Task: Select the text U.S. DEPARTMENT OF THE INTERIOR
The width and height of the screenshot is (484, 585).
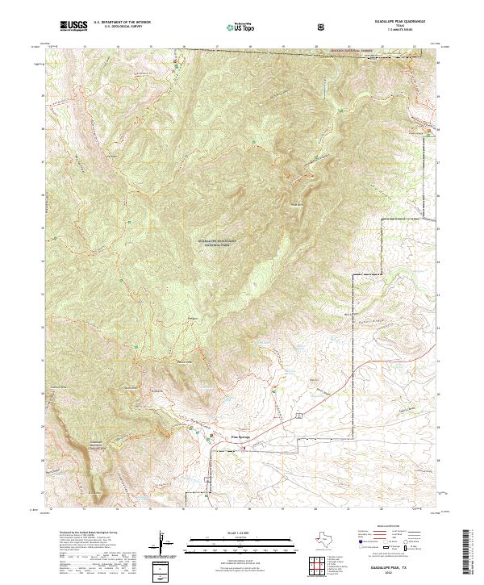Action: [x=122, y=23]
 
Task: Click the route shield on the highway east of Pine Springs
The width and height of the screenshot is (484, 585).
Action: [x=298, y=413]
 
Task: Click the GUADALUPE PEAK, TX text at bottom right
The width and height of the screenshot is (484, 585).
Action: [x=398, y=569]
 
